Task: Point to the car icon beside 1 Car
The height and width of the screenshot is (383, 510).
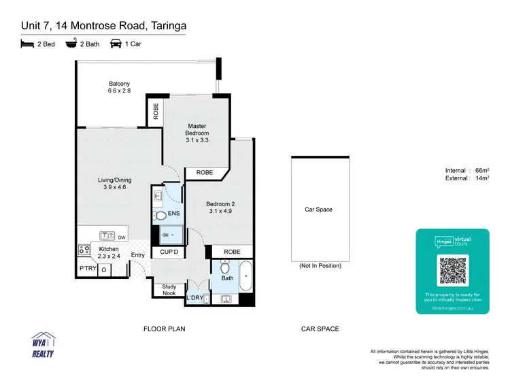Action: pyautogui.click(x=116, y=44)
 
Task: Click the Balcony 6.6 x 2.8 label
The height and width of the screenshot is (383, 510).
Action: pyautogui.click(x=119, y=87)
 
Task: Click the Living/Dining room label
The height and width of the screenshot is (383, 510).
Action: pyautogui.click(x=114, y=184)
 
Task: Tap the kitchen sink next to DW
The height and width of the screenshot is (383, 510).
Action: pyautogui.click(x=107, y=236)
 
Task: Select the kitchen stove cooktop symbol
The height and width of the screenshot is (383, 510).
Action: pyautogui.click(x=84, y=250)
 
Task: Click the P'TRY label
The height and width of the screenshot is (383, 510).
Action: pyautogui.click(x=87, y=269)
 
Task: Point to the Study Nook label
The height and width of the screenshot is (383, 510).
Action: pyautogui.click(x=169, y=290)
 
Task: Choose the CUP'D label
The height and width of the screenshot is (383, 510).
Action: pyautogui.click(x=169, y=252)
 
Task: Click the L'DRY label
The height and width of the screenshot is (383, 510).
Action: pyautogui.click(x=194, y=298)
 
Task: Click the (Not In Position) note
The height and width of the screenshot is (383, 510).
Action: pyautogui.click(x=320, y=265)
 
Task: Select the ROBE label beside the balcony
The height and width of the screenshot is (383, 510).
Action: pyautogui.click(x=156, y=111)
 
